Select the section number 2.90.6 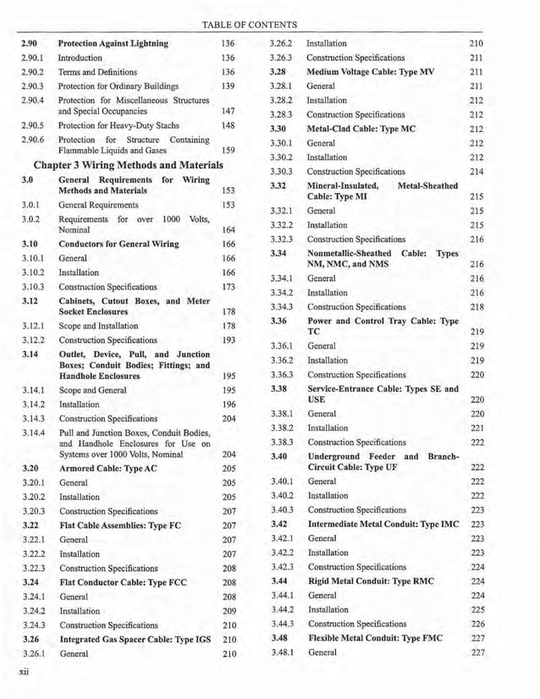[32, 140]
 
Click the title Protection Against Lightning [113, 43]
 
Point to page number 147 [227, 111]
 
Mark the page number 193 [227, 339]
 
